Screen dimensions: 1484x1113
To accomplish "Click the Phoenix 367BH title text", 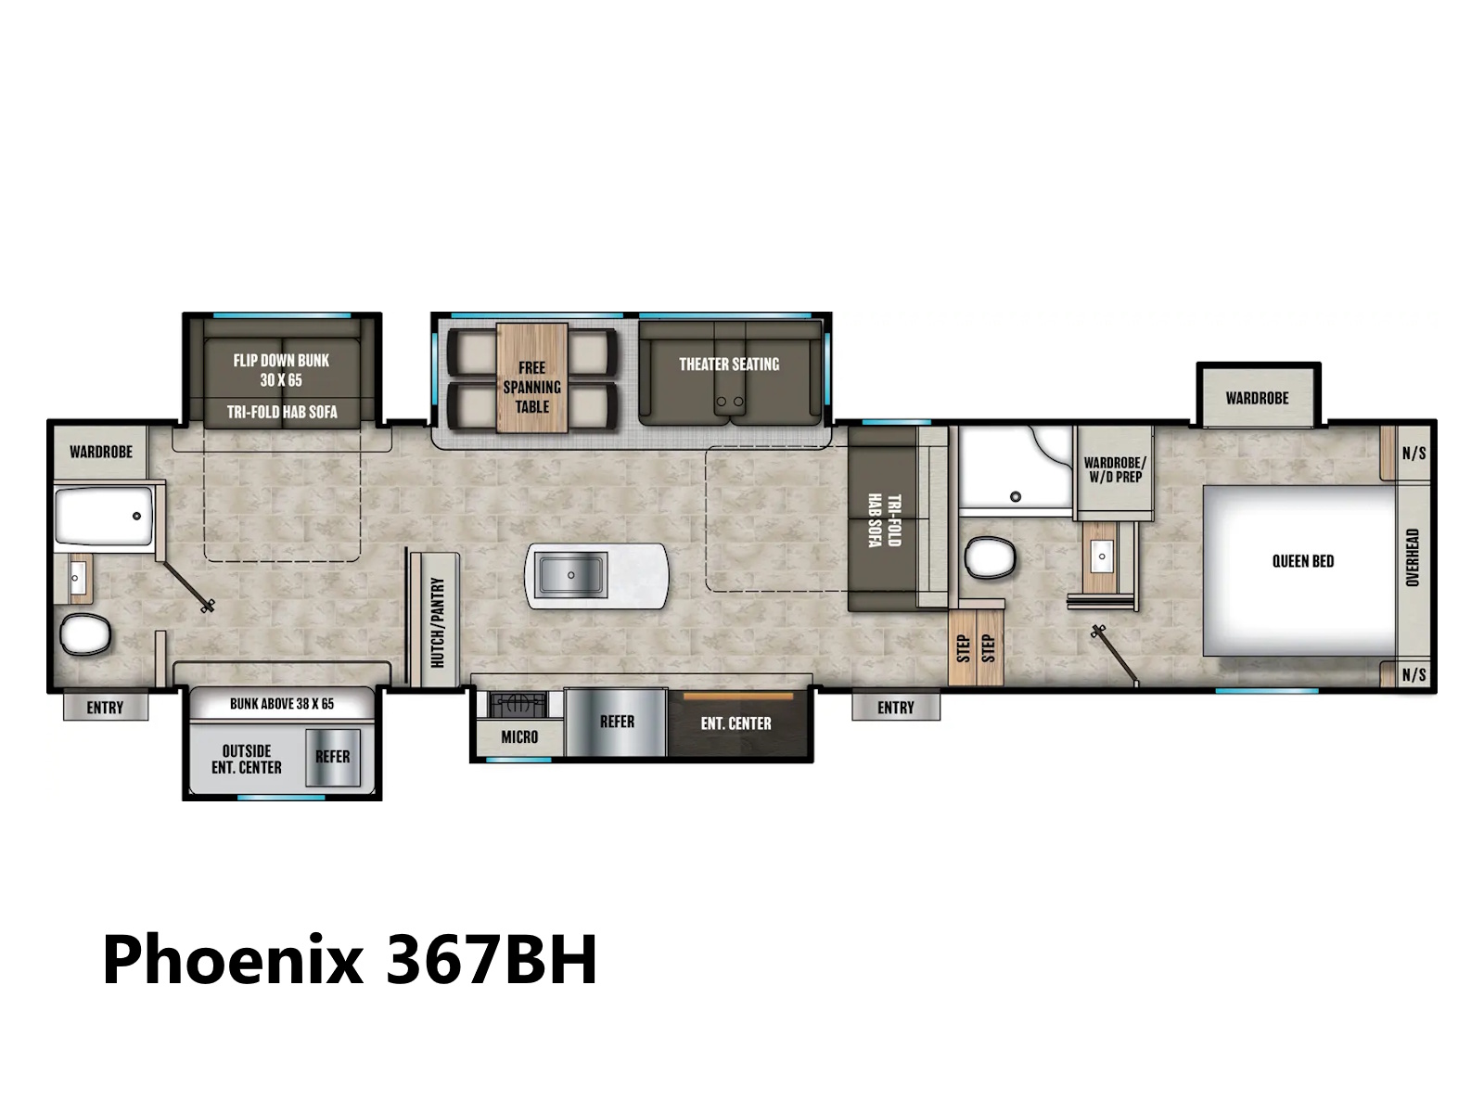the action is pyautogui.click(x=350, y=960).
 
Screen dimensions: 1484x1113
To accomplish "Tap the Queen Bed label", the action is pyautogui.click(x=1303, y=561).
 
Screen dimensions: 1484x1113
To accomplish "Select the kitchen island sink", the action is pyautogui.click(x=570, y=574).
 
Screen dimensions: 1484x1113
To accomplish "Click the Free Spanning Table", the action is pyautogui.click(x=531, y=377).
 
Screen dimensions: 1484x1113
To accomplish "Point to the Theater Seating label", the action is pyautogui.click(x=729, y=365).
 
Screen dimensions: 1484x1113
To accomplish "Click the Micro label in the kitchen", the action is pyautogui.click(x=519, y=736).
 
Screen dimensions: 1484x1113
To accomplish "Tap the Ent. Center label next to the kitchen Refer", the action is pyautogui.click(x=736, y=723).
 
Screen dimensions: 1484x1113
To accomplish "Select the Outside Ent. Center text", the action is pyautogui.click(x=246, y=759).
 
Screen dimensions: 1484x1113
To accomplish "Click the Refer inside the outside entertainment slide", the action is pyautogui.click(x=333, y=757).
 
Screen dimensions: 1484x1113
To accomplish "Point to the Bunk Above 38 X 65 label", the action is pyautogui.click(x=282, y=703).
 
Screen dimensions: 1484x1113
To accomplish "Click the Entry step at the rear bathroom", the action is pyautogui.click(x=106, y=706).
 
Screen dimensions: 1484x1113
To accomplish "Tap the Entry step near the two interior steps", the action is pyautogui.click(x=896, y=706).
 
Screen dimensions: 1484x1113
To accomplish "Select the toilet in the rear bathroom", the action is pyautogui.click(x=85, y=633).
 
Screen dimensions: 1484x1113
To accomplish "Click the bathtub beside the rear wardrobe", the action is pyautogui.click(x=104, y=517).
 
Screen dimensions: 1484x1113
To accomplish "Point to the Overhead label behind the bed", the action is pyautogui.click(x=1413, y=556).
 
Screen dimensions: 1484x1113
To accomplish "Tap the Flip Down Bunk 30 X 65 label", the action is pyautogui.click(x=281, y=370).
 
